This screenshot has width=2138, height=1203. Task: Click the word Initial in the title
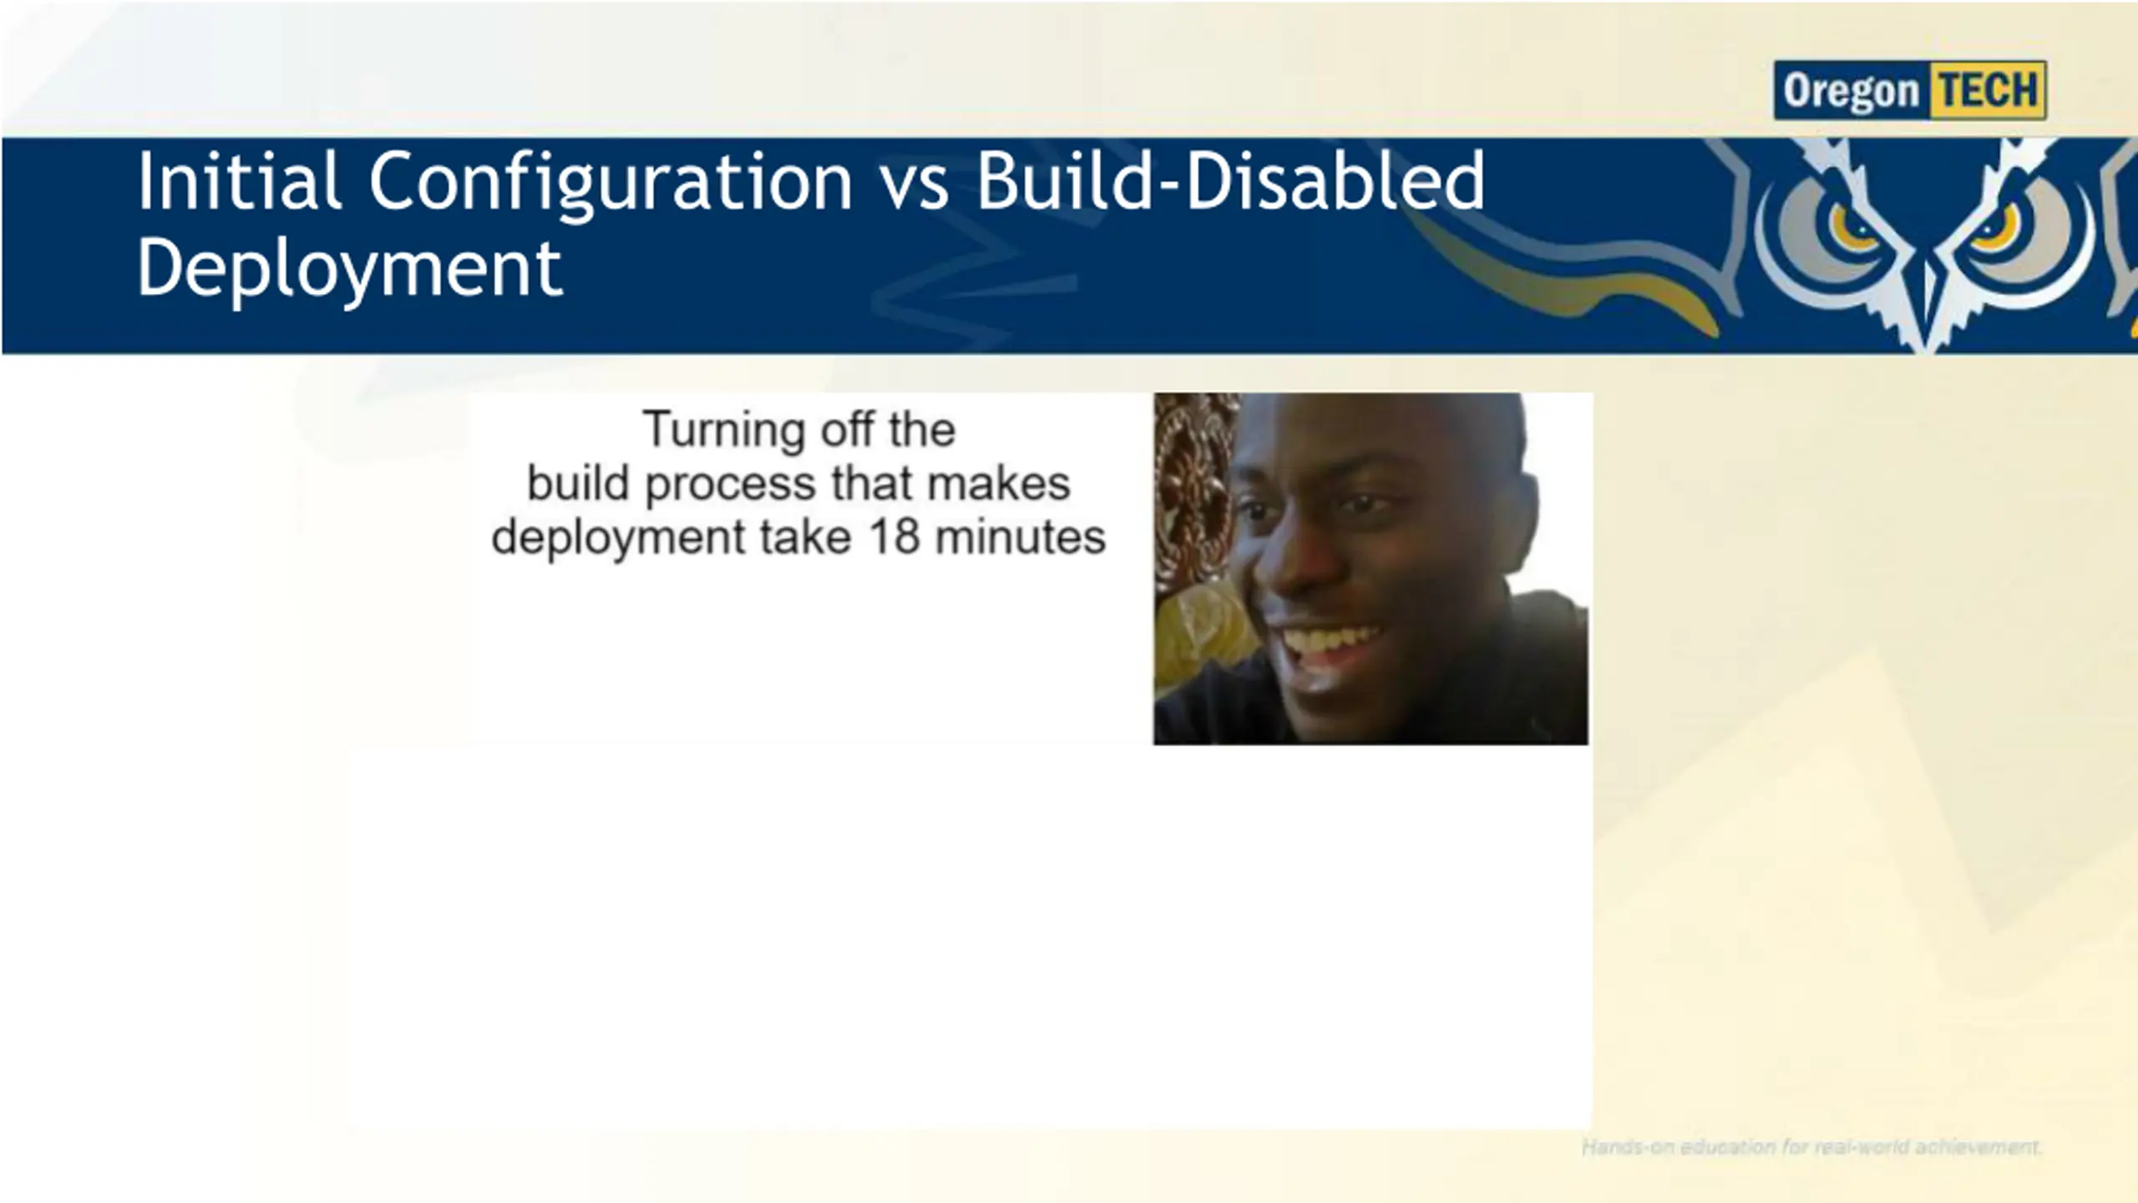[240, 181]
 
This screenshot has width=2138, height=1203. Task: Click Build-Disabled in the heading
[1231, 180]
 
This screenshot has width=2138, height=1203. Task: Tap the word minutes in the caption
[1020, 536]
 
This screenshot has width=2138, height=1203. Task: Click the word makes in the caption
[998, 483]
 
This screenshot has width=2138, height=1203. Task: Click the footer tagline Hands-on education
[1811, 1147]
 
